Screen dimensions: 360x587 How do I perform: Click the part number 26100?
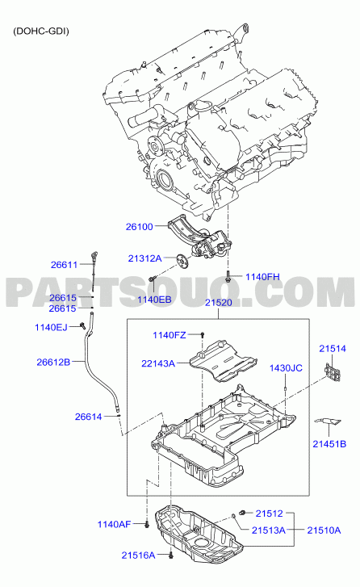139,227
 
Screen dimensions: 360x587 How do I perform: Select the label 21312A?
144,258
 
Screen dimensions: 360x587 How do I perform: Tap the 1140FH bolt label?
262,277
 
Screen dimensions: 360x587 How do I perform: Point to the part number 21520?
219,303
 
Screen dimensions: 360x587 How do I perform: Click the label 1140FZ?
170,335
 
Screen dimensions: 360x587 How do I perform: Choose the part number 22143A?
158,363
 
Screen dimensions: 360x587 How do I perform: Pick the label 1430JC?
286,368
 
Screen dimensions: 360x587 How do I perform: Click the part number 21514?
333,349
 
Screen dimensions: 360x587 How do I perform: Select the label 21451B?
329,444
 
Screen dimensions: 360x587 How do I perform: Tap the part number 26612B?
53,362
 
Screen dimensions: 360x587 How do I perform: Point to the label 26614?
88,417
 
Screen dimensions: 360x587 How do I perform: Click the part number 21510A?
324,530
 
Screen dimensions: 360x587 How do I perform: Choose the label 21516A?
138,556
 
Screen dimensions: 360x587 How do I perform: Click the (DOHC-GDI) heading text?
41,31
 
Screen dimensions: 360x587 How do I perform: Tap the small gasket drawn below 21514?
328,422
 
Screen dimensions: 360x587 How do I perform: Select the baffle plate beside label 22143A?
223,361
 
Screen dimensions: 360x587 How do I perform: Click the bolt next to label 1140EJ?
82,325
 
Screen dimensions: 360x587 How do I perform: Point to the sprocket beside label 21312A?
182,261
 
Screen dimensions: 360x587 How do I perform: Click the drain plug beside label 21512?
242,512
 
